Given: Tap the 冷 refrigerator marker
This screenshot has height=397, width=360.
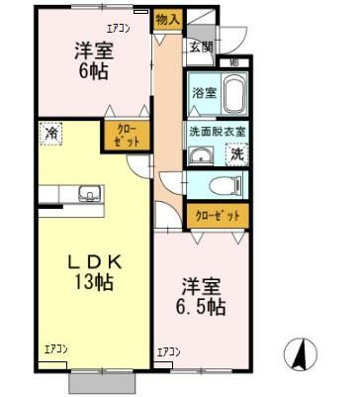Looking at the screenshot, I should [49, 132].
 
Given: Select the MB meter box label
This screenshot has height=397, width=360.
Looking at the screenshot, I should [234, 63].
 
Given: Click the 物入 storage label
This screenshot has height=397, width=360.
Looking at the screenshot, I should [167, 18].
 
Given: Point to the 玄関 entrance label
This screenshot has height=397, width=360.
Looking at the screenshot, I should [201, 46].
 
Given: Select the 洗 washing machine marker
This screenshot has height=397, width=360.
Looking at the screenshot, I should [237, 153].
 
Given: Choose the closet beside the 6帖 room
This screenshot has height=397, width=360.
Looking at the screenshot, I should [128, 136].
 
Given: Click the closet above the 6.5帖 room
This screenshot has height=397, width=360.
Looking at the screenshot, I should [216, 214].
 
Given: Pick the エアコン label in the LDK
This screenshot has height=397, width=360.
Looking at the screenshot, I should [56, 348].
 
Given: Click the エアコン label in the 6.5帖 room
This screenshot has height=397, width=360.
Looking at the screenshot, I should [170, 351].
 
